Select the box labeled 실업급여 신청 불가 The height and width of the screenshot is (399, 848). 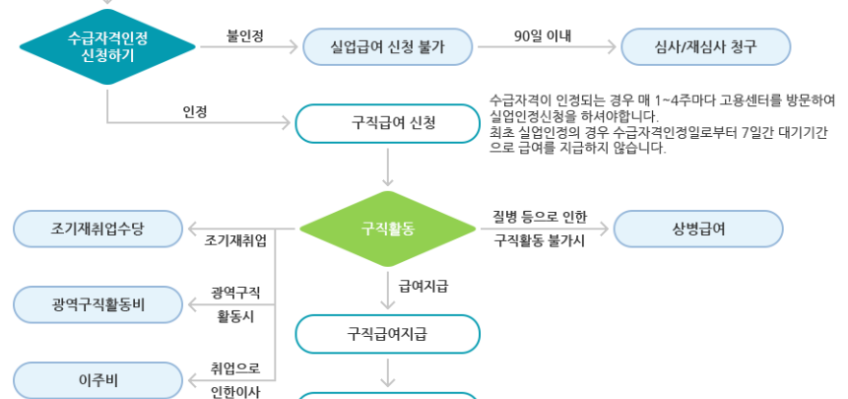point(389,45)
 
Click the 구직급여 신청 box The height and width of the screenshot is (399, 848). point(389,122)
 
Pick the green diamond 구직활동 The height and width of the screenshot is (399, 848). point(388,229)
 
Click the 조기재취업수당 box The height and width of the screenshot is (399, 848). point(98,229)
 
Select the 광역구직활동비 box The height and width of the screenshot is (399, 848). point(98,303)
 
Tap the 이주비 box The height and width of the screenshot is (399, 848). point(98,379)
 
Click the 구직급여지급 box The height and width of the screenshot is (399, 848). point(389,333)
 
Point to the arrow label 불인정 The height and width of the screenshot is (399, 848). point(245,35)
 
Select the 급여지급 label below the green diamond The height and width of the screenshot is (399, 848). point(424,286)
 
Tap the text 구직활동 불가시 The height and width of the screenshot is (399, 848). point(539,239)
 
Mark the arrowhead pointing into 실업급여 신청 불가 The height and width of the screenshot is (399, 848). point(292,45)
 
